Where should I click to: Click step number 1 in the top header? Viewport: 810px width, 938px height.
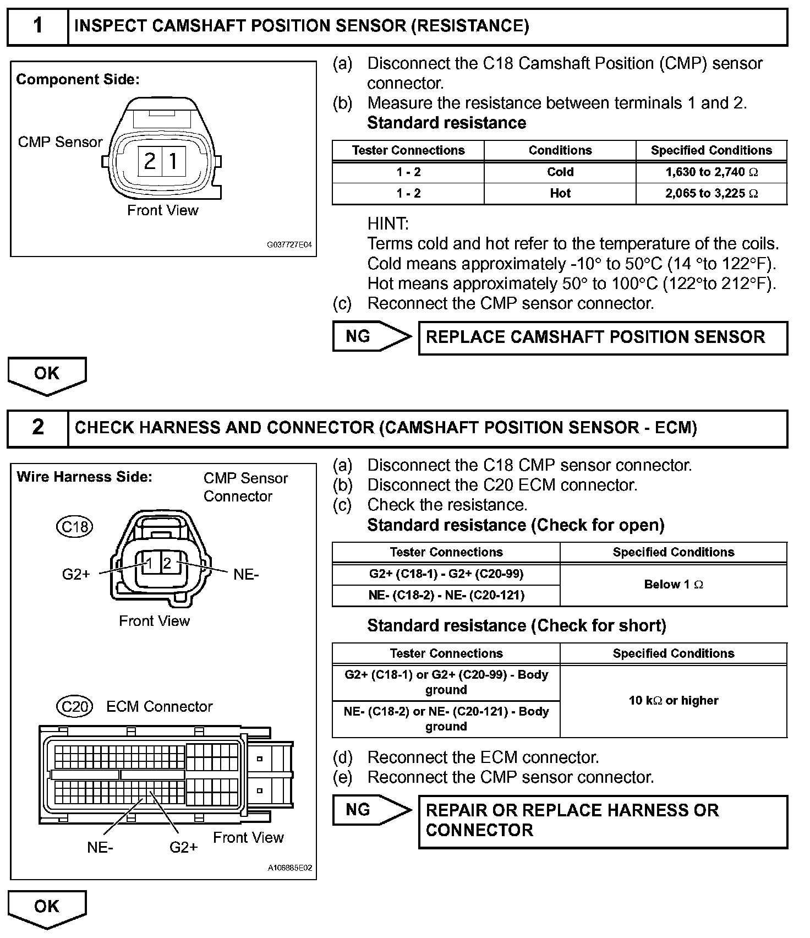(x=37, y=26)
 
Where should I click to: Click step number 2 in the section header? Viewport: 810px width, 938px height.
(x=37, y=427)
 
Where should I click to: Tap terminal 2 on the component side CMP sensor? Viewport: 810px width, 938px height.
(x=149, y=161)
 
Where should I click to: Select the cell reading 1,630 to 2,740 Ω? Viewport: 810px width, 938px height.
(x=712, y=172)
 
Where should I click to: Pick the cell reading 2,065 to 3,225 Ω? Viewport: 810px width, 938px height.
(x=712, y=194)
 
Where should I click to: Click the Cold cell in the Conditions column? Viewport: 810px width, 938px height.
(x=560, y=172)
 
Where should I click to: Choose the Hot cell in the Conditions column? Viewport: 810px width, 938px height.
(x=560, y=194)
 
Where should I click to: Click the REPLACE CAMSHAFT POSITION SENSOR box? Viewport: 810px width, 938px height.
(x=603, y=337)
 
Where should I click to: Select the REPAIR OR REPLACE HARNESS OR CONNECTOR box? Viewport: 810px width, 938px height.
(x=603, y=821)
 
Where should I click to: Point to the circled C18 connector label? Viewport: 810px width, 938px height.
(x=75, y=527)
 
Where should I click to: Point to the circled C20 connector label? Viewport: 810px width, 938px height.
(x=75, y=706)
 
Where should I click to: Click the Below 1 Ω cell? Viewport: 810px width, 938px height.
(x=674, y=585)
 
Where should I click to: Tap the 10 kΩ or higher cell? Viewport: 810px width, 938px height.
(x=674, y=701)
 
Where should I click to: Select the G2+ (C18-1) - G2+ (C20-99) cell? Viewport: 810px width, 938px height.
(x=446, y=574)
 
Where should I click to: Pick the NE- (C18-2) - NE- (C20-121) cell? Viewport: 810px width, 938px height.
(x=446, y=595)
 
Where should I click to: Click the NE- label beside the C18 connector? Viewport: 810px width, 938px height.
(x=246, y=575)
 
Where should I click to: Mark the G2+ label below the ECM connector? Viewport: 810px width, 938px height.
(x=183, y=847)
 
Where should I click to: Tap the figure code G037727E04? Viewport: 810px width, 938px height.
(x=289, y=245)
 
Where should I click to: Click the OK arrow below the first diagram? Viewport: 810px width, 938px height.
(x=47, y=375)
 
